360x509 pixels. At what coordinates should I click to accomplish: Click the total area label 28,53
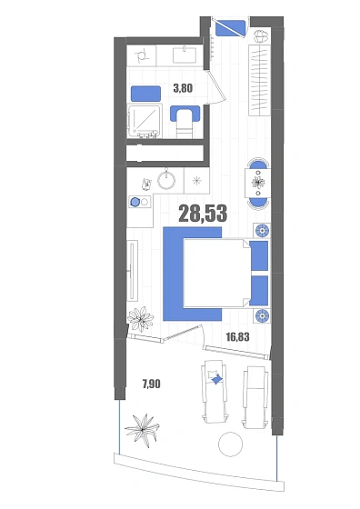[203, 214]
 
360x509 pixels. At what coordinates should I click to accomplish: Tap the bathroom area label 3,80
[183, 88]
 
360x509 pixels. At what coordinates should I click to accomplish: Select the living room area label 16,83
[237, 337]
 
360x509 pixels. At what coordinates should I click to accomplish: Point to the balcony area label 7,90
[151, 384]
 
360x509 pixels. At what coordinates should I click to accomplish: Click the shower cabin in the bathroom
[145, 121]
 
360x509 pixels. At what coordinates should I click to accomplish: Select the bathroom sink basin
[185, 55]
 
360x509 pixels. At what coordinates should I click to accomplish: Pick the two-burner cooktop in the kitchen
[140, 202]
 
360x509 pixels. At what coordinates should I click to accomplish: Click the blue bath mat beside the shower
[145, 94]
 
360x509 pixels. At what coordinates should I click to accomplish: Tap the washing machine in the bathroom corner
[142, 55]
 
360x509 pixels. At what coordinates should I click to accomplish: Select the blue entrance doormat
[231, 28]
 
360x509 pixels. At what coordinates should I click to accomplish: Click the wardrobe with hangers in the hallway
[260, 80]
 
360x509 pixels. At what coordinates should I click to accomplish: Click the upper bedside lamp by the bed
[262, 231]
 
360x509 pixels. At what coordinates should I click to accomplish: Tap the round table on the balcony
[231, 444]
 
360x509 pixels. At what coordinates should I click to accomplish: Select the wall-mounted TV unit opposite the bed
[132, 271]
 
